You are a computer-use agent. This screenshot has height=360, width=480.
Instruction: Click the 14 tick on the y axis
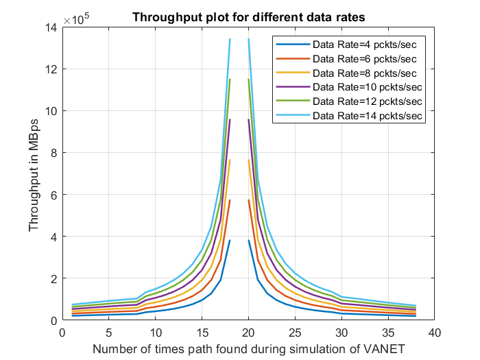tap(50, 27)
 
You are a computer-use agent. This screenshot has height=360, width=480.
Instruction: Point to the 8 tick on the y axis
tap(53, 153)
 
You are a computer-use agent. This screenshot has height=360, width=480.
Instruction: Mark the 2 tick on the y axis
tap(53, 278)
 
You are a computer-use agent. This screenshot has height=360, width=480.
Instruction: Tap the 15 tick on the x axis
tap(202, 332)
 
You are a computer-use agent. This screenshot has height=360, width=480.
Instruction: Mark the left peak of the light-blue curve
tap(230, 39)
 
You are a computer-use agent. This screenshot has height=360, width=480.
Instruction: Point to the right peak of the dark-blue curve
tap(248, 240)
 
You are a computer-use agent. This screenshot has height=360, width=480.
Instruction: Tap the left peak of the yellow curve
tap(230, 160)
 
